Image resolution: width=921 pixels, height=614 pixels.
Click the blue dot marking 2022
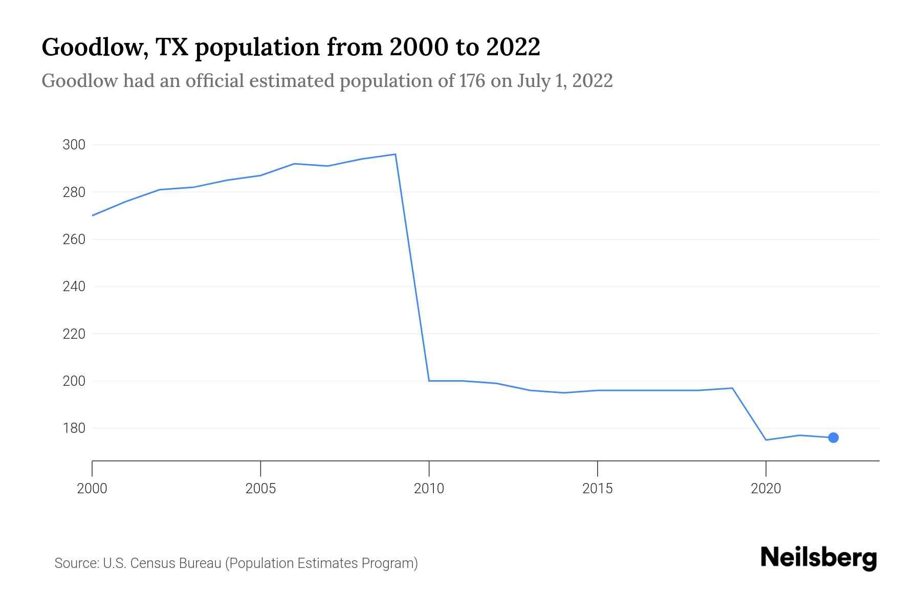(x=833, y=437)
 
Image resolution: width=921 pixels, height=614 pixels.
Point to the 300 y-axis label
(x=74, y=145)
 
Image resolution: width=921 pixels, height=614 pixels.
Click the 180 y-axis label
(x=74, y=428)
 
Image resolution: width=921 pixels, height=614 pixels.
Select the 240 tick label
(x=74, y=287)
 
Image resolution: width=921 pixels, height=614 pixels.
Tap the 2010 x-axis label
(x=429, y=489)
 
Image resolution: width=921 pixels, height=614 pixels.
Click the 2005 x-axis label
(x=260, y=489)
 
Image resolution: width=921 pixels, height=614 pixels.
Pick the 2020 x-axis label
(x=765, y=489)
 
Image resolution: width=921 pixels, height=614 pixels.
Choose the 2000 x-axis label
(x=92, y=489)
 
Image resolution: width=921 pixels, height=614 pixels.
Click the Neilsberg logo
(x=819, y=558)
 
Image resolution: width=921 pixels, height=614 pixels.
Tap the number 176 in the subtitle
(x=472, y=81)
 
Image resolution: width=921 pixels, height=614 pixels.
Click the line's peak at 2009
(x=395, y=154)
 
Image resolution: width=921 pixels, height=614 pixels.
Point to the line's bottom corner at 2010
(x=429, y=381)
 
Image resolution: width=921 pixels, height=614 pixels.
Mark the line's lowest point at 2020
(x=766, y=440)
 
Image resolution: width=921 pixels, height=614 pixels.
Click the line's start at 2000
(x=93, y=215)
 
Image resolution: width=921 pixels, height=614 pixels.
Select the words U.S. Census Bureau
(x=162, y=563)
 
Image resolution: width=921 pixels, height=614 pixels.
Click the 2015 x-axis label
(x=597, y=489)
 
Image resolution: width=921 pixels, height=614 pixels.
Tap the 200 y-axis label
(x=74, y=381)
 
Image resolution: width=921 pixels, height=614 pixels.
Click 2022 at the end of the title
(x=513, y=47)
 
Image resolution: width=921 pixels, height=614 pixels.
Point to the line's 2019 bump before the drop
(x=732, y=388)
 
